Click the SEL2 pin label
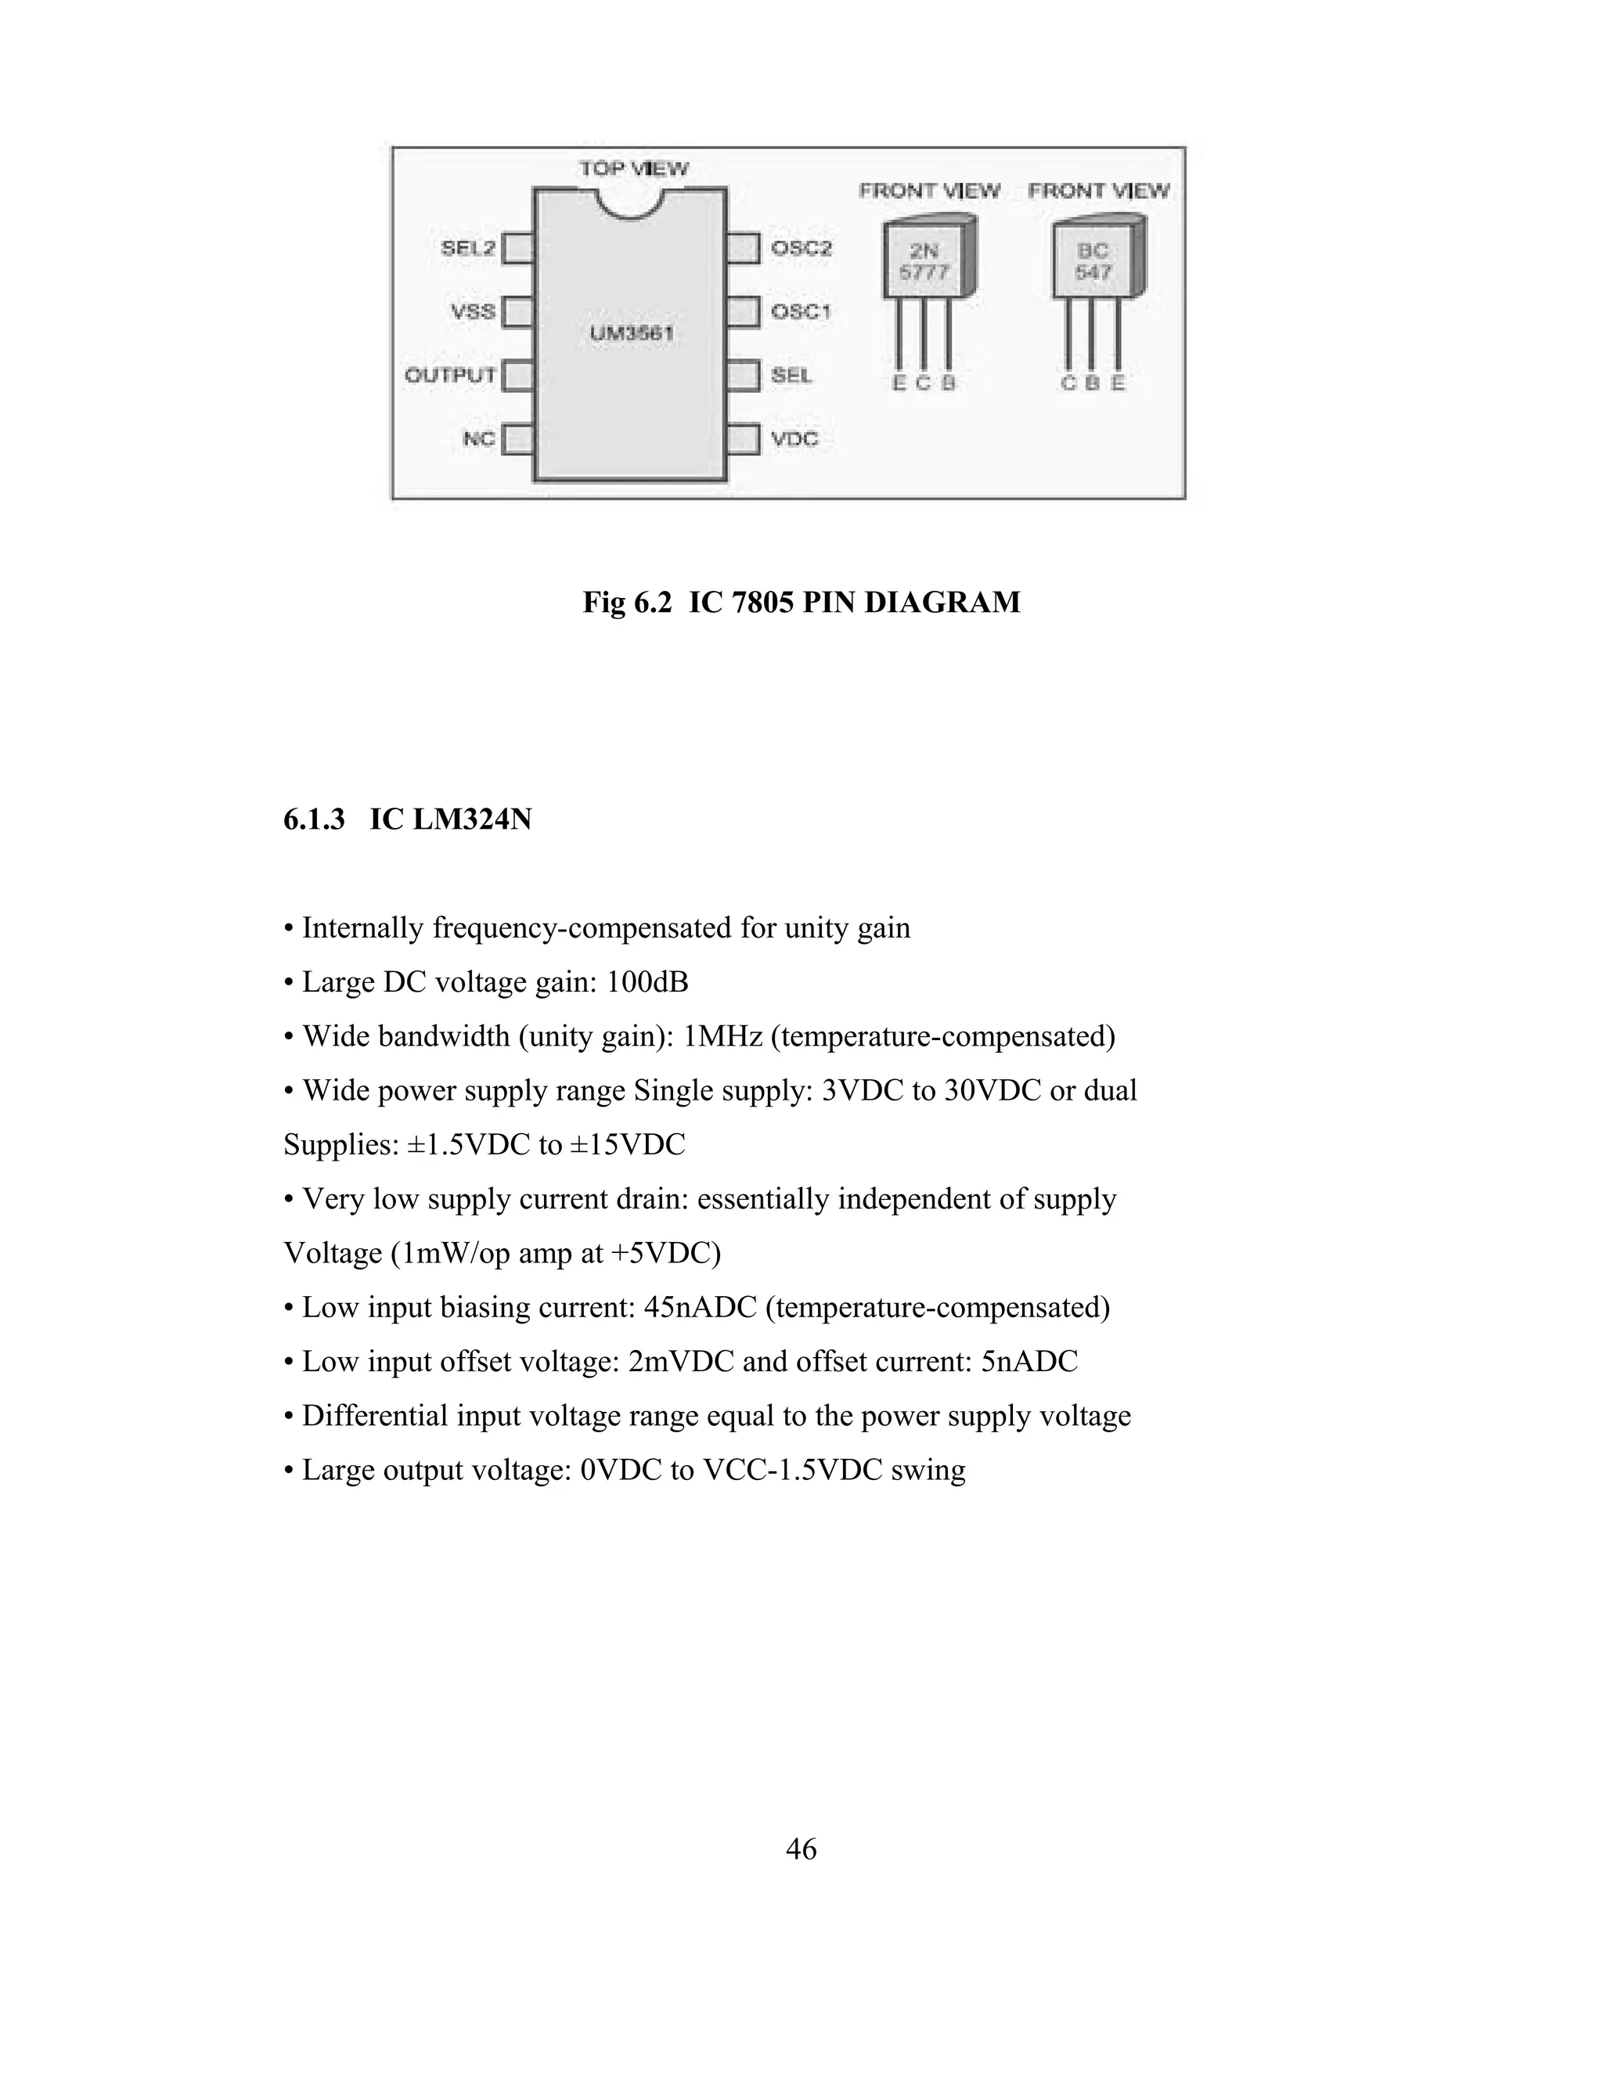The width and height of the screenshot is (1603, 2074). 467,249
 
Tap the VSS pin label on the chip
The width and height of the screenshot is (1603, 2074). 473,311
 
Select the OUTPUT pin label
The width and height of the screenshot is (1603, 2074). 450,375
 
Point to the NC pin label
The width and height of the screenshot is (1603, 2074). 478,439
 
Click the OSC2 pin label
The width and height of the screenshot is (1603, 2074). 801,249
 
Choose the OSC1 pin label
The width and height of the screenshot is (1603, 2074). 801,311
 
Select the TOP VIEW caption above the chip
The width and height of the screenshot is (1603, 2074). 634,169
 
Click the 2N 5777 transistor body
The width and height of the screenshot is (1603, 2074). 924,262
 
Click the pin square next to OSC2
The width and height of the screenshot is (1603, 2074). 744,249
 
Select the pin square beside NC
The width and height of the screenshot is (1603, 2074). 517,440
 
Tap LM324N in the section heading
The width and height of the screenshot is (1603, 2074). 472,819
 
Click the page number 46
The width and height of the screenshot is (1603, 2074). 801,1849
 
